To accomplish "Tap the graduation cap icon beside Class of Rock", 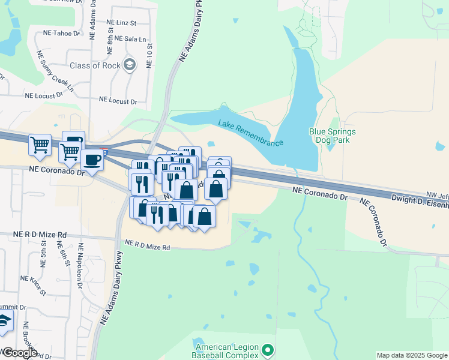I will pyautogui.click(x=129, y=65).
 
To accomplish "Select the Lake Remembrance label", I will pyautogui.click(x=250, y=133).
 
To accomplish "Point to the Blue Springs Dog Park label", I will pyautogui.click(x=332, y=136).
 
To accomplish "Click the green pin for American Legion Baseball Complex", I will pyautogui.click(x=268, y=349).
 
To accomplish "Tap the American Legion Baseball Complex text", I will pyautogui.click(x=226, y=352).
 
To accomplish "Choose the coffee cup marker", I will pyautogui.click(x=92, y=160).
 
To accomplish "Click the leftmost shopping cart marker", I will pyautogui.click(x=40, y=144).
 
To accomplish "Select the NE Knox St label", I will pyautogui.click(x=34, y=284).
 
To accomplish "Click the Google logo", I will pyautogui.click(x=20, y=353).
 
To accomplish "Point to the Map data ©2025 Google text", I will pyautogui.click(x=411, y=355).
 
